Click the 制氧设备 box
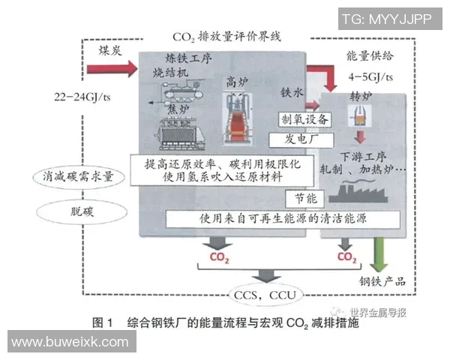coord(303,120)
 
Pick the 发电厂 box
coord(303,139)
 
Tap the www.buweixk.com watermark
coord(70,342)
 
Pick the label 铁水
coord(291,93)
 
